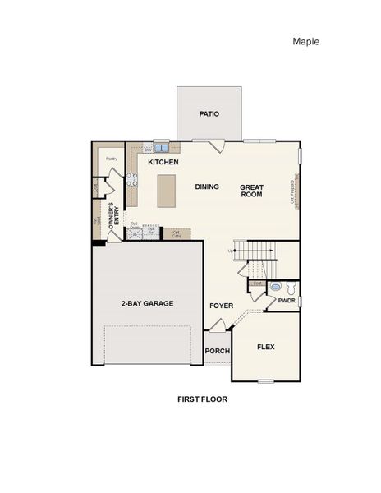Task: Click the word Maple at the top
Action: [x=305, y=41]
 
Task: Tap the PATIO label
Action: [x=209, y=114]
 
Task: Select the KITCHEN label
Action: [x=163, y=163]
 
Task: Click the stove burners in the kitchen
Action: [x=131, y=181]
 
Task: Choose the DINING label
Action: [x=207, y=187]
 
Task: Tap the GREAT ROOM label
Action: [x=251, y=191]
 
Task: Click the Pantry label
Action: [x=111, y=159]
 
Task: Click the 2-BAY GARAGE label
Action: [x=148, y=303]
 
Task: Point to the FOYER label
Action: [x=221, y=306]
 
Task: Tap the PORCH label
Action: [x=217, y=351]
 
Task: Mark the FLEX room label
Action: [x=266, y=347]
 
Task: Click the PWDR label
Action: [x=287, y=301]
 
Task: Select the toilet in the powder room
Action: [x=278, y=288]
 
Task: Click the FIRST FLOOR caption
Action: [x=202, y=399]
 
